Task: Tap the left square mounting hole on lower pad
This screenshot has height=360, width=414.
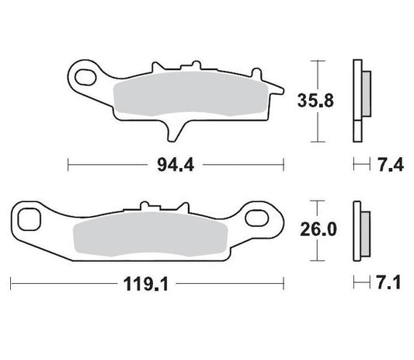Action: click(x=30, y=218)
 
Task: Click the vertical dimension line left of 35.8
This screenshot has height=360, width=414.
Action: click(x=315, y=100)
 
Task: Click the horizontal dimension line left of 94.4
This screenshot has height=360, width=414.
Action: click(x=109, y=164)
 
